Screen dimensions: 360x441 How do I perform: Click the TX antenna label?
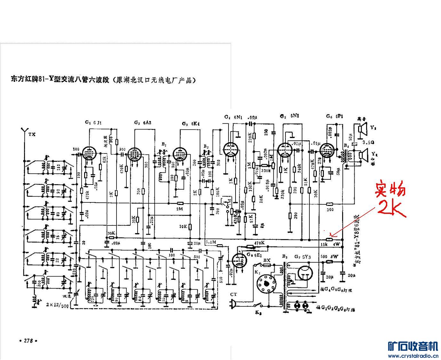point(32,134)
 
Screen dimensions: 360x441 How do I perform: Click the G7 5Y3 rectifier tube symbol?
point(306,274)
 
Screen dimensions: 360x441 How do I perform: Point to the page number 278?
point(28,341)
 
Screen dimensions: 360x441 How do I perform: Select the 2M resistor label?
point(180,209)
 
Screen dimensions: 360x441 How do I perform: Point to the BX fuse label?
point(266,261)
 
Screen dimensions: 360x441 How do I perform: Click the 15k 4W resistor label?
point(330,245)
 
